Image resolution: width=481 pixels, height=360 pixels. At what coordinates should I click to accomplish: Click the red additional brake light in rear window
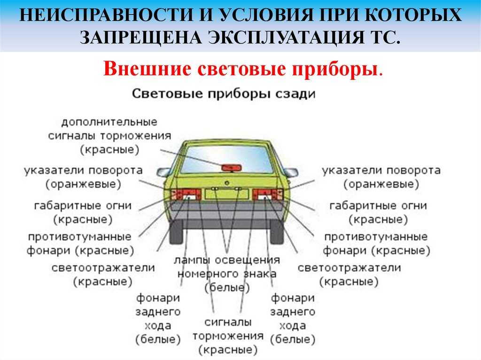[x=232, y=168]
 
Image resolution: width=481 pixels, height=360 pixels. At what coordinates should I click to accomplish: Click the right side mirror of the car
[x=290, y=172]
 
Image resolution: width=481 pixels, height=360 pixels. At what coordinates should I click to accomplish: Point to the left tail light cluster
[x=186, y=194]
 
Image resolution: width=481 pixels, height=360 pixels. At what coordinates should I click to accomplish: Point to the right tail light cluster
[x=268, y=194]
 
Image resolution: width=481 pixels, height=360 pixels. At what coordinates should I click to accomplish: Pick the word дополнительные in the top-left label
[x=109, y=122]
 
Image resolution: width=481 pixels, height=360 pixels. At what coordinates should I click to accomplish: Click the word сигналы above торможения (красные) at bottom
[x=228, y=322]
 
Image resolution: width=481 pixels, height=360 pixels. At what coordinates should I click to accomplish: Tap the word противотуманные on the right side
[x=376, y=237]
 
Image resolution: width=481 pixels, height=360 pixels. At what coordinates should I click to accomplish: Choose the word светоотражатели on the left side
[x=103, y=268]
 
